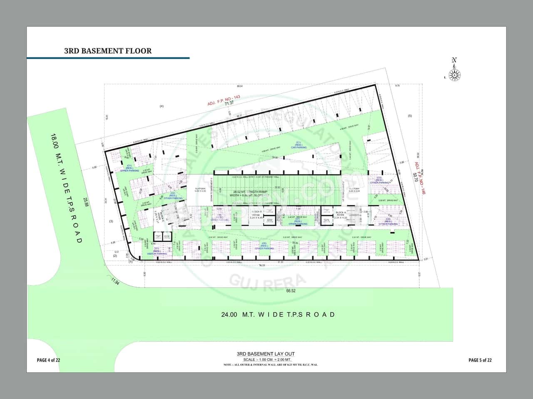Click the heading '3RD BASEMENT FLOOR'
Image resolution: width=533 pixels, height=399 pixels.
click(x=108, y=51)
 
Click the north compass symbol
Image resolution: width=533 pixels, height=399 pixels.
click(x=455, y=70)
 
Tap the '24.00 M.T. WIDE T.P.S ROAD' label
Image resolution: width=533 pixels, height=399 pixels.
click(x=278, y=314)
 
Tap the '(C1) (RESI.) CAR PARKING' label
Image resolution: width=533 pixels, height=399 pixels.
click(x=299, y=145)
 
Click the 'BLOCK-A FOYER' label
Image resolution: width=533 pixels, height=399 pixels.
click(x=341, y=215)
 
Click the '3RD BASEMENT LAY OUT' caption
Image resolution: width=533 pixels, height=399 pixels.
click(x=266, y=354)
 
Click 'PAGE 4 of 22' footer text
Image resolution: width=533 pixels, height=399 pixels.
click(x=49, y=360)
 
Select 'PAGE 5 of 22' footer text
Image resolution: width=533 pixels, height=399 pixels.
click(x=480, y=360)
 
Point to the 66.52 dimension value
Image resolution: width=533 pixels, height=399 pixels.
click(x=291, y=291)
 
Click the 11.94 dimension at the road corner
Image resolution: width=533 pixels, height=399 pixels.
click(x=115, y=282)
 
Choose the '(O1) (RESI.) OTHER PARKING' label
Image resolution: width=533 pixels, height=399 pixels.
click(x=130, y=168)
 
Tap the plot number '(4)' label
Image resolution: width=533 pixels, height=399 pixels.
click(x=162, y=107)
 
